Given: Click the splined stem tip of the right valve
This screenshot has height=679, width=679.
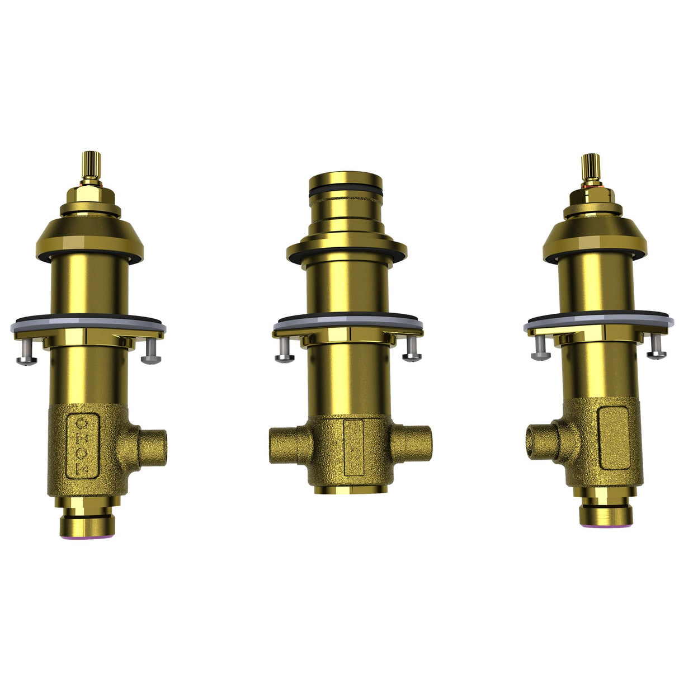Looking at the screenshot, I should (591, 167).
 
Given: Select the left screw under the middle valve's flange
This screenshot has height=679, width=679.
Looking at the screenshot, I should (285, 352).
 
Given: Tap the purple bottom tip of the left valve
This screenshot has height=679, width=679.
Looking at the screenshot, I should (87, 535).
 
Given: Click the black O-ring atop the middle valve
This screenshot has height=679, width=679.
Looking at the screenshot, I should (346, 192).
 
